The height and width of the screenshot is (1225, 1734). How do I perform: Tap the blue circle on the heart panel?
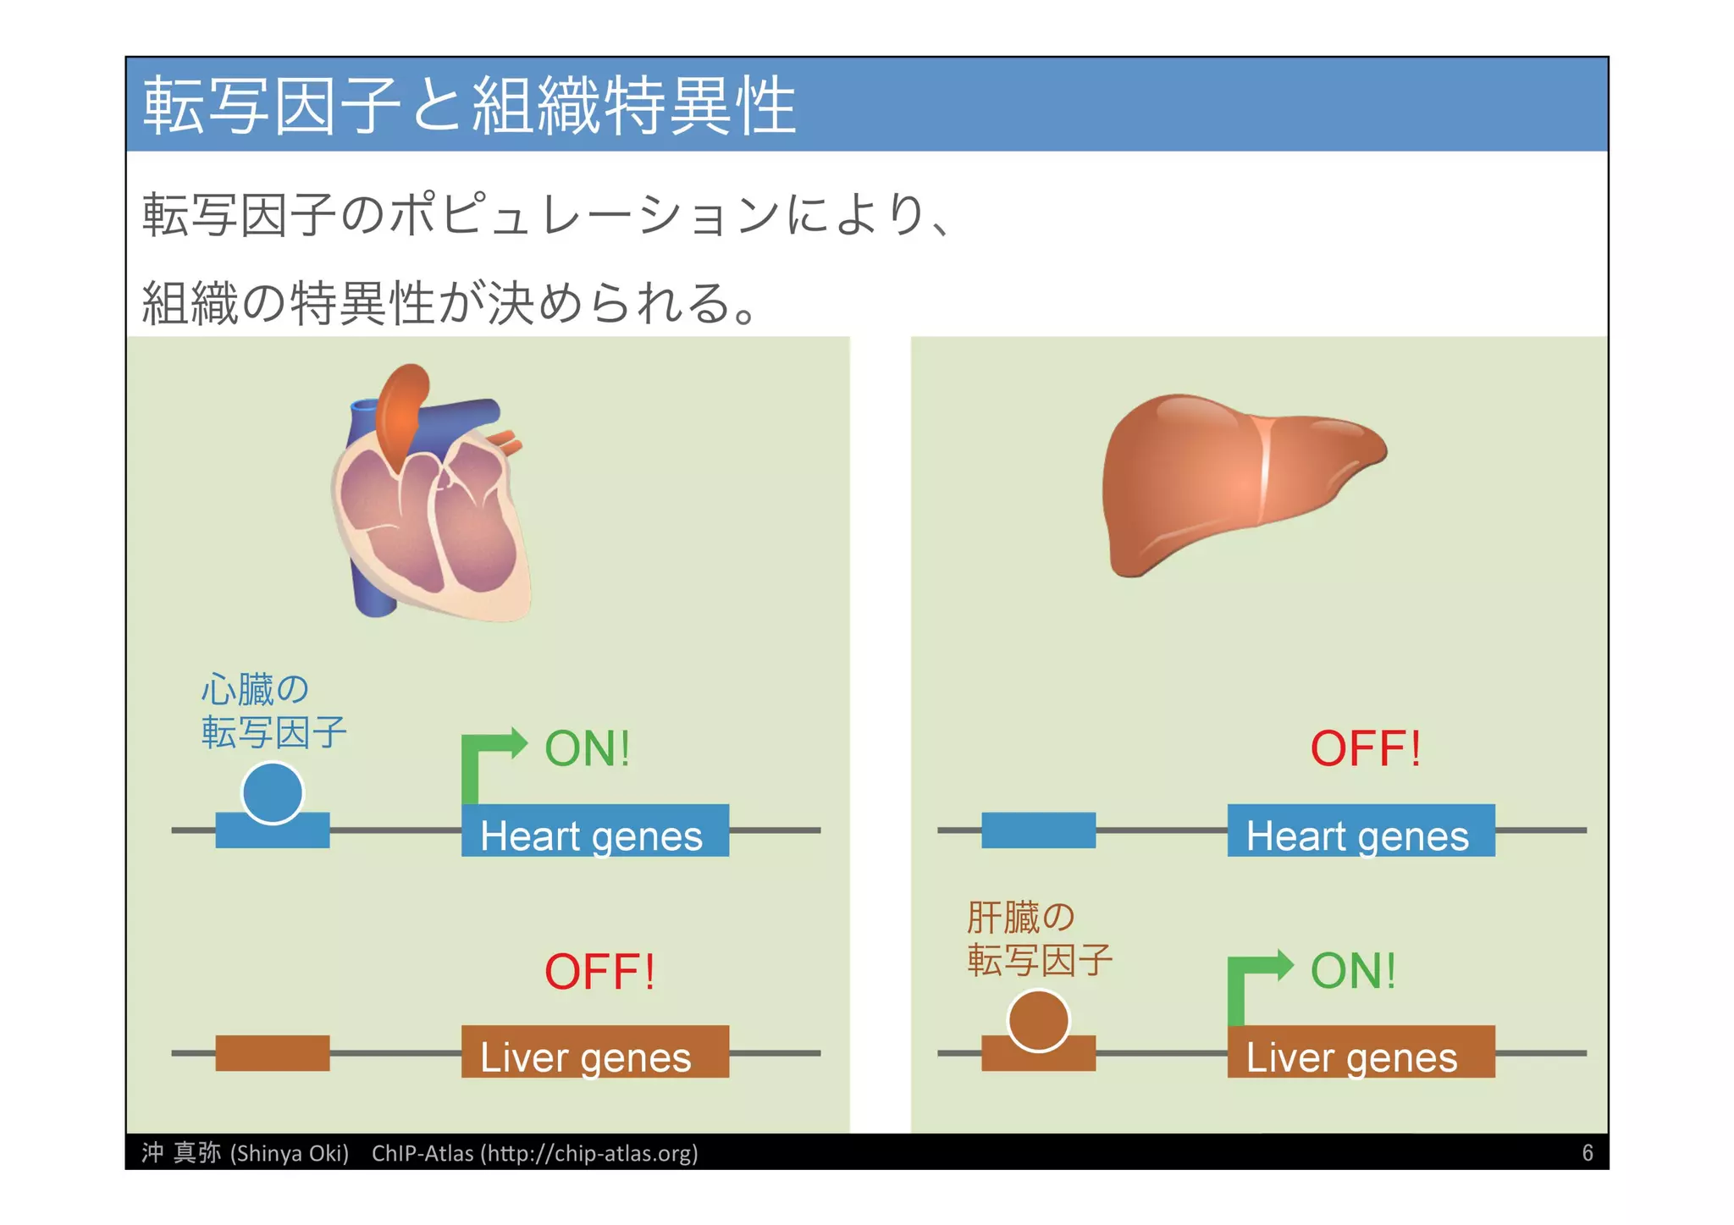coord(272,793)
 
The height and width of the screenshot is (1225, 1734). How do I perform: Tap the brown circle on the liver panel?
coord(1038,1020)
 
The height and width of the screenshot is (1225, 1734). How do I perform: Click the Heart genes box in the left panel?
coord(594,830)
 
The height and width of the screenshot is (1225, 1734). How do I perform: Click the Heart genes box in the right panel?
coord(1361,830)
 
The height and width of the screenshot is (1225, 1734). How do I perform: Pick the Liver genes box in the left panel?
coord(594,1052)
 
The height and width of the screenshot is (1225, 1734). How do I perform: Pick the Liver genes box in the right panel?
coord(1361,1052)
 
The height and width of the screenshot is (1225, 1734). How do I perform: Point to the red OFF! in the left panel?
coord(599,972)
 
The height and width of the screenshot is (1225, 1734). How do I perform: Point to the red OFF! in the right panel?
coord(1365,748)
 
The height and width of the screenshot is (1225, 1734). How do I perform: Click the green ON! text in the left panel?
coord(587,748)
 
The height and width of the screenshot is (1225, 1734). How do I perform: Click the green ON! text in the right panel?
coord(1353,971)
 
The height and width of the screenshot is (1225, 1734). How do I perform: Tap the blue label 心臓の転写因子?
coord(273,711)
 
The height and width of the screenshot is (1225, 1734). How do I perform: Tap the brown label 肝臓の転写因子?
coord(1039,938)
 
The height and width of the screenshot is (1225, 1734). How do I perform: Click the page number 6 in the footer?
coord(1588,1153)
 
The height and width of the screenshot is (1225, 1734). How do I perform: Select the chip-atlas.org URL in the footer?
coord(590,1153)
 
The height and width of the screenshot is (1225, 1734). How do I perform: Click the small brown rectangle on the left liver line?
coord(272,1053)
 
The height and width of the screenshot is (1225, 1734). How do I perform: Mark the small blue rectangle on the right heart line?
coord(1038,830)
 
